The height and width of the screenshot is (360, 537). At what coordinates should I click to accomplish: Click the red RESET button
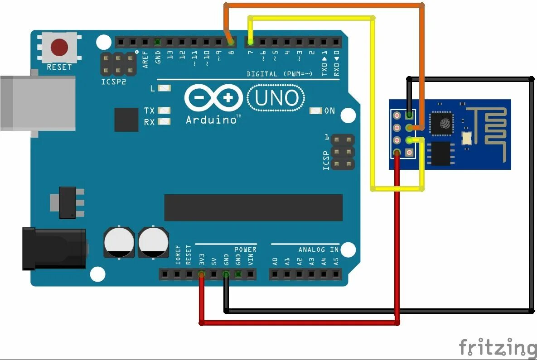pyautogui.click(x=59, y=47)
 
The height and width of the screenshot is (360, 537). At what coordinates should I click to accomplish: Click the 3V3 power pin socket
pyautogui.click(x=202, y=274)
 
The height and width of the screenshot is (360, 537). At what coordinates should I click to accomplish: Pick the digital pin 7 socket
pyautogui.click(x=251, y=42)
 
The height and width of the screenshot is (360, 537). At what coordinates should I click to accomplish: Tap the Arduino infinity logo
pyautogui.click(x=213, y=98)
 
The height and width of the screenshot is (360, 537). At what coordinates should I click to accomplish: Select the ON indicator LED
pyautogui.click(x=316, y=110)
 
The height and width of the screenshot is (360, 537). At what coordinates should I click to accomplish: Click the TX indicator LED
pyautogui.click(x=165, y=110)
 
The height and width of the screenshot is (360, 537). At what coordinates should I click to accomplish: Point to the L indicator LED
pyautogui.click(x=165, y=88)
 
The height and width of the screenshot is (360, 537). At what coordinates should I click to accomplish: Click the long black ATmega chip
pyautogui.click(x=253, y=207)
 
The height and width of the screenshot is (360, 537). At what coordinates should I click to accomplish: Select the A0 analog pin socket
pyautogui.click(x=275, y=274)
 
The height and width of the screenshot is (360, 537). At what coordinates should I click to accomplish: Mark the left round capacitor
pyautogui.click(x=119, y=243)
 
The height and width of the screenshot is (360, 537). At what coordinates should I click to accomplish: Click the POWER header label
pyautogui.click(x=245, y=250)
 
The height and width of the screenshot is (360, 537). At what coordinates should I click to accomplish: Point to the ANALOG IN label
pyautogui.click(x=318, y=250)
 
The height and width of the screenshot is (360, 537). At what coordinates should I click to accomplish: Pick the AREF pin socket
pyautogui.click(x=145, y=42)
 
